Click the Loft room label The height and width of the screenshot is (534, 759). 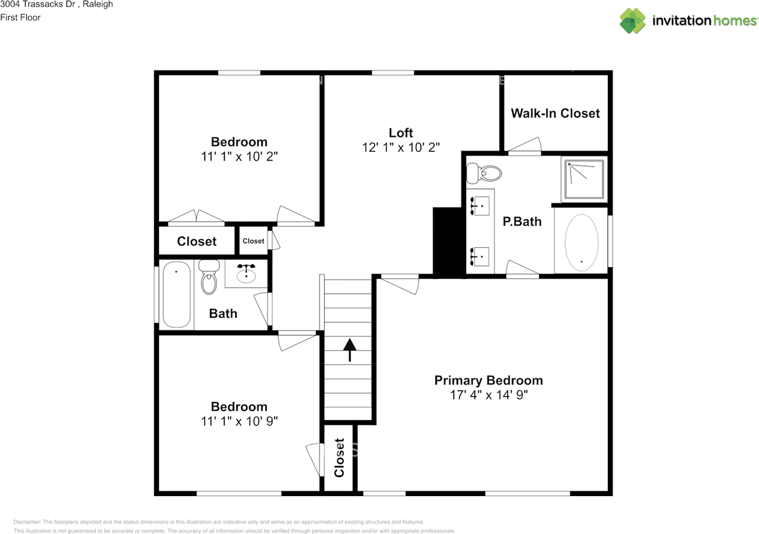point(401,133)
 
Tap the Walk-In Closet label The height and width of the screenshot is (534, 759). point(555,113)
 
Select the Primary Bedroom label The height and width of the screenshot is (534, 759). point(489,380)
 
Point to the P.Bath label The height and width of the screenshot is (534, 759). point(522,222)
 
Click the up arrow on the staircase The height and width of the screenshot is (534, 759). point(349,349)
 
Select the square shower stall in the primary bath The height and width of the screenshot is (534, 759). point(584,178)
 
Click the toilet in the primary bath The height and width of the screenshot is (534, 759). point(484,173)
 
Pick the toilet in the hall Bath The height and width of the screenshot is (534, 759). point(209,277)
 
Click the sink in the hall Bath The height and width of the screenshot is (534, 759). point(246,274)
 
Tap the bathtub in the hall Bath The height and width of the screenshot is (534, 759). point(176,295)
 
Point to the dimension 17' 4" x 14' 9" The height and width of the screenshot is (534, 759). point(489,395)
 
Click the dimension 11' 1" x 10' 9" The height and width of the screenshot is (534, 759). point(240,421)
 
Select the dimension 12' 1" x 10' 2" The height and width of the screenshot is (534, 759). point(401,148)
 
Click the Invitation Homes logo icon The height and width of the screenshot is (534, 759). point(633,21)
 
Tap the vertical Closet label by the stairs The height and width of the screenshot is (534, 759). point(339,458)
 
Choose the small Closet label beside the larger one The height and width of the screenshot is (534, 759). point(253,241)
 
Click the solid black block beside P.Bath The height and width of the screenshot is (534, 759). point(448,241)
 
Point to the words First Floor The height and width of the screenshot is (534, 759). point(21,18)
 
